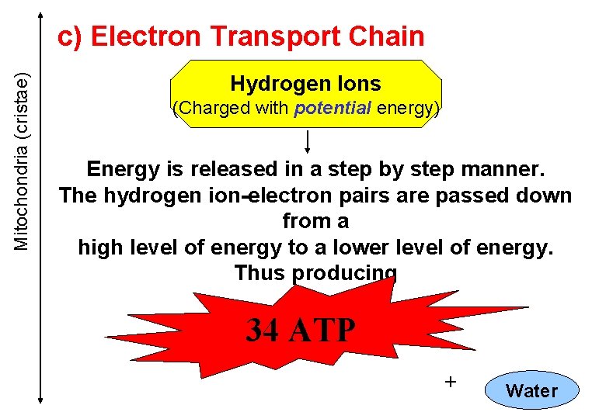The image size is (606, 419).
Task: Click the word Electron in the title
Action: tap(148, 36)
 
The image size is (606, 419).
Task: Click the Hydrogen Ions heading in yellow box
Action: tap(305, 84)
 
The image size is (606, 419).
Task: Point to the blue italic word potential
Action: tap(333, 109)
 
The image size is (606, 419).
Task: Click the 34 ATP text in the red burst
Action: tap(301, 331)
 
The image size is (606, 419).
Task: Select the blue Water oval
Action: tap(531, 391)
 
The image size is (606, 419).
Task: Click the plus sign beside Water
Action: tap(448, 381)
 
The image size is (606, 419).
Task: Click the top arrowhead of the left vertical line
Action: tap(40, 17)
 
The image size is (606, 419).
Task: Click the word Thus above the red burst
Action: tap(261, 273)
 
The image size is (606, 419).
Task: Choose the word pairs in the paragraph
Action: tap(352, 196)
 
